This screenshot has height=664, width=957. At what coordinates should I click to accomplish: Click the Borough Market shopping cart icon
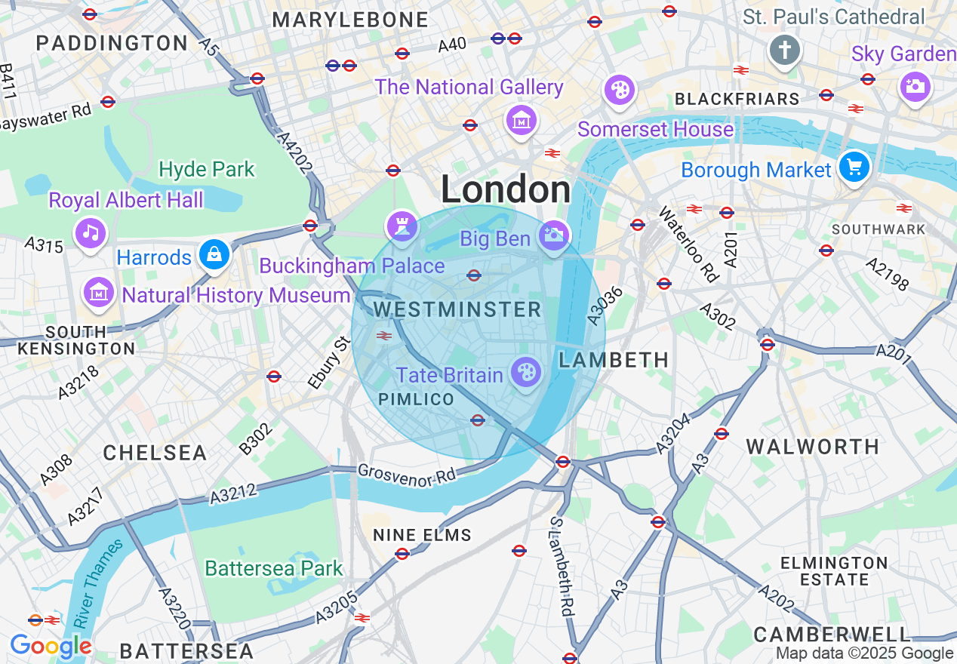point(854,167)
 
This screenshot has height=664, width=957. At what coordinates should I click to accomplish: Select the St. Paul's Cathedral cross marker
point(785,51)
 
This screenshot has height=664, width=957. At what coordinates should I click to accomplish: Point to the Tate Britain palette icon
point(526,372)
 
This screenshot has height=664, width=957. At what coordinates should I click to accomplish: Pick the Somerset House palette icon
point(619,91)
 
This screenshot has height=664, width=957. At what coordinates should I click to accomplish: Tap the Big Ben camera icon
point(554,235)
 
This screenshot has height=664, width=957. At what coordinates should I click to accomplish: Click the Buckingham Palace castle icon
point(402,225)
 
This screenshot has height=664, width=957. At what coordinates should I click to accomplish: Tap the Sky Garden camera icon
point(915,86)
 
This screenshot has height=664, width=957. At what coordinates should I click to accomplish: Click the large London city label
point(506,189)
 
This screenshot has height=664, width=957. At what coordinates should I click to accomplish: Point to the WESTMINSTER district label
point(457,309)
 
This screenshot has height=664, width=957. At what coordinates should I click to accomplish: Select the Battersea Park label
point(274,568)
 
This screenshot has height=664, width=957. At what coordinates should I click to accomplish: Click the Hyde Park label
point(207,169)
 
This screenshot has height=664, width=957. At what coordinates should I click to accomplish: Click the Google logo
point(51,646)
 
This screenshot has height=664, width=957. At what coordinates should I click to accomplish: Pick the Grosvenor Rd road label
point(407,475)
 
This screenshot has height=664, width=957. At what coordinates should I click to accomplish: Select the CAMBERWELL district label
point(832,633)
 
